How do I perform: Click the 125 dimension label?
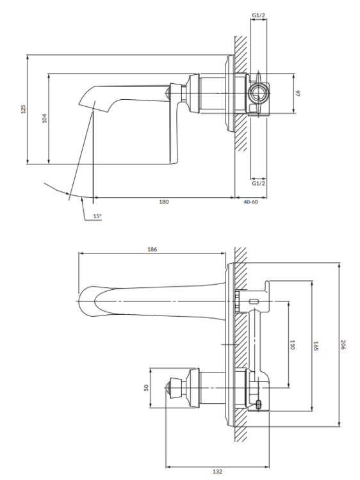tap(24, 109)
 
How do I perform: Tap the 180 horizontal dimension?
tap(163, 202)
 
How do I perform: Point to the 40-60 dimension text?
tap(251, 202)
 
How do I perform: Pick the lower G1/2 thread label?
tap(259, 183)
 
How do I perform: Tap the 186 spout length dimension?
tap(152, 249)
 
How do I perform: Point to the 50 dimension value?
tap(146, 387)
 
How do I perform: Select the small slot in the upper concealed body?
tap(255, 301)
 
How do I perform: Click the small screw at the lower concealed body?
tap(259, 403)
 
